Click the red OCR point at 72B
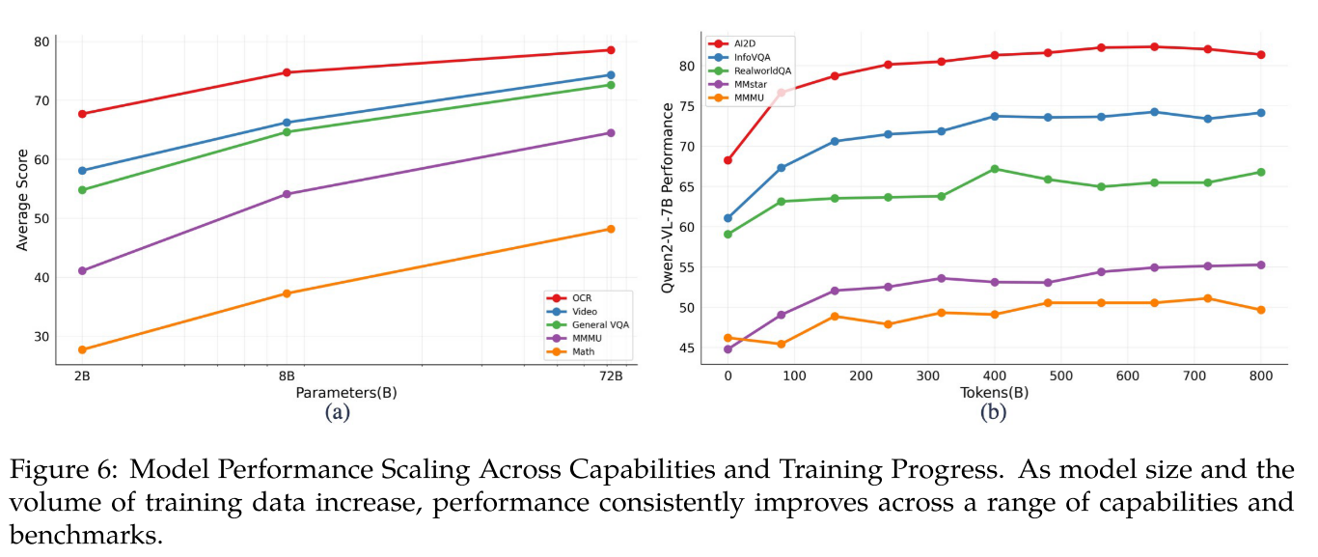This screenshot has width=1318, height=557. click(x=610, y=50)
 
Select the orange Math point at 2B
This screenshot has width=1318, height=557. click(x=83, y=349)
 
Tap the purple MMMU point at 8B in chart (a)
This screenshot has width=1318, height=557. click(x=287, y=194)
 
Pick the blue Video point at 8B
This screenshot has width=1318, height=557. click(x=287, y=123)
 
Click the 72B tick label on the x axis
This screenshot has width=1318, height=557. click(x=610, y=377)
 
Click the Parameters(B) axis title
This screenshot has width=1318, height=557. click(x=346, y=393)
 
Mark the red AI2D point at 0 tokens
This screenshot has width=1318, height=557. click(x=728, y=160)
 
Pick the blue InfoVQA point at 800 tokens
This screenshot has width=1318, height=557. click(x=1260, y=113)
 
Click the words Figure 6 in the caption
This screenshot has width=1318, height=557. click(x=67, y=471)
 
